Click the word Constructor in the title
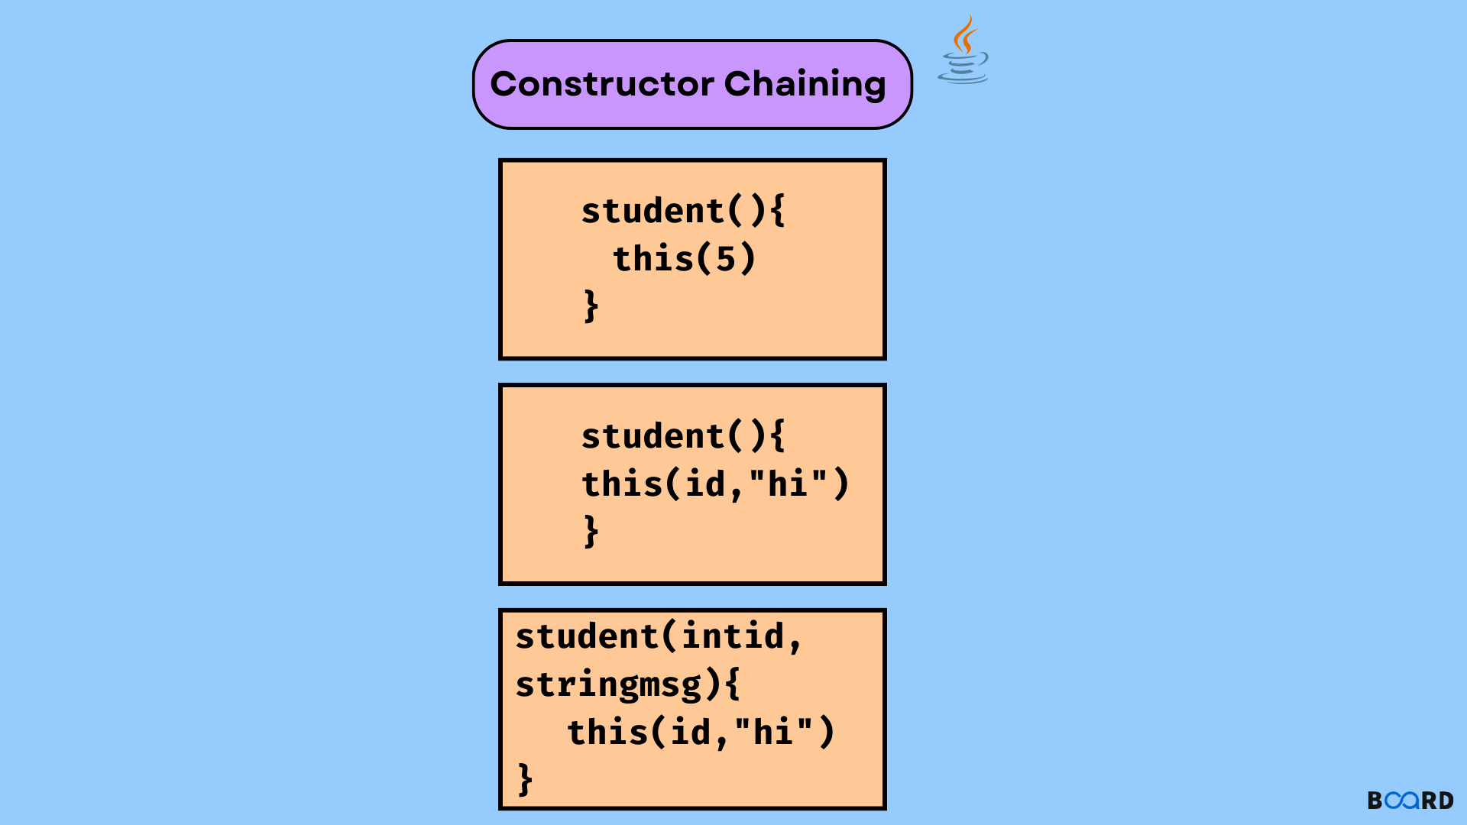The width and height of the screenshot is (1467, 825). pyautogui.click(x=602, y=84)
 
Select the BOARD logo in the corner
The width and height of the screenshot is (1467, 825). pyautogui.click(x=1410, y=800)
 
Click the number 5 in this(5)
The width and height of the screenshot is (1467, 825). pyautogui.click(x=725, y=259)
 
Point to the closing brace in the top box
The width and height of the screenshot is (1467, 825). pyautogui.click(x=591, y=306)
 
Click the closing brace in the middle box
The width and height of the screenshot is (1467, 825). pyautogui.click(x=591, y=531)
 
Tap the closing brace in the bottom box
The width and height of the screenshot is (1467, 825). pyautogui.click(x=525, y=780)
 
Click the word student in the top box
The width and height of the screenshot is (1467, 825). pyautogui.click(x=652, y=211)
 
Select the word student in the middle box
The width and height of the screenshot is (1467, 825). pyautogui.click(x=652, y=436)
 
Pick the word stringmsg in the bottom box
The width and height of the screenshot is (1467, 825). pyautogui.click(x=608, y=684)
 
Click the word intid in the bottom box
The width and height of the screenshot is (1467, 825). pyautogui.click(x=733, y=636)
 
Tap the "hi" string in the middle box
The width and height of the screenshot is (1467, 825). pyautogui.click(x=788, y=484)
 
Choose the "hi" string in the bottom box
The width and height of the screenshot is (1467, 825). pyautogui.click(x=772, y=732)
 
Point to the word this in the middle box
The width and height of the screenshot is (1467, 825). pyautogui.click(x=622, y=484)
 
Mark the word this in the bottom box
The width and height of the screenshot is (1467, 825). pyautogui.click(x=607, y=732)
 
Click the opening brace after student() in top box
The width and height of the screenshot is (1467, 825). pyautogui.click(x=777, y=211)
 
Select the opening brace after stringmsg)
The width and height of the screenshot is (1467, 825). pyautogui.click(x=732, y=684)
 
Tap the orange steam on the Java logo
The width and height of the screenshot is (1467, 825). pyautogui.click(x=966, y=34)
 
